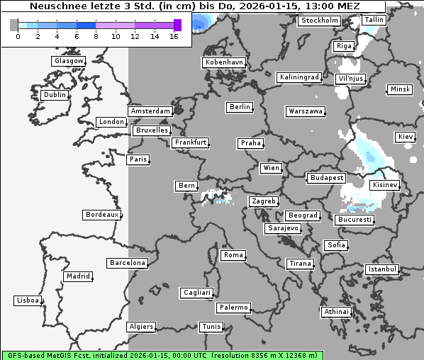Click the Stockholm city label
pos(318,21)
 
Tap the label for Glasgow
pos(68,61)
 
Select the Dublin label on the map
pos(54,95)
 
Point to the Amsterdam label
pos(150,111)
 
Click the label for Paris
pos(138,159)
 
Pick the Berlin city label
pos(240,107)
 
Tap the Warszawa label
pos(306,111)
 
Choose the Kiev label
pos(406,136)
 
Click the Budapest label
pos(325,177)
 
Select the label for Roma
pos(233,255)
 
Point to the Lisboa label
pos(28,300)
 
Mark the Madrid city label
pos(77,276)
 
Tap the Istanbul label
pos(382,269)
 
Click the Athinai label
pos(336,312)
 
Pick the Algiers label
pos(140,327)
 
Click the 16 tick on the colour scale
pos(174,35)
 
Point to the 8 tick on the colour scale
pos(96,35)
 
